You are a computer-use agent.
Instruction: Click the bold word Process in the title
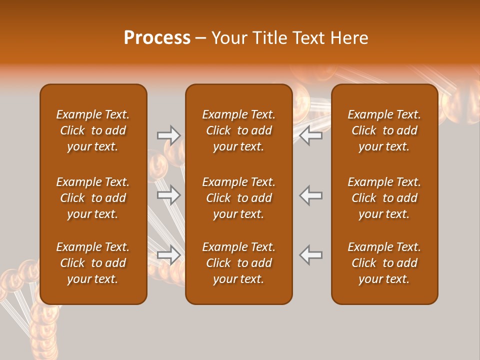tap(157, 38)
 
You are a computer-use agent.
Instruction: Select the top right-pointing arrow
tap(168, 135)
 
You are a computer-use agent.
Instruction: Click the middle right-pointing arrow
tap(168, 195)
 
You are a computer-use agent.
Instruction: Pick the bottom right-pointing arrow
tap(168, 255)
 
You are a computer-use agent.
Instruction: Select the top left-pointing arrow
tap(311, 135)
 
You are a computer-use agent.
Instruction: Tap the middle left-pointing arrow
tap(311, 195)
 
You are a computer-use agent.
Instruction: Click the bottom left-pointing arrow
tap(311, 255)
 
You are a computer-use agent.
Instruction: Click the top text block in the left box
tap(93, 130)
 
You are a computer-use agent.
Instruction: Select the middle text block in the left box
tap(93, 198)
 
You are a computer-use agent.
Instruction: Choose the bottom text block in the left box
tap(93, 263)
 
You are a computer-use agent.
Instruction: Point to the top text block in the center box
tap(238, 130)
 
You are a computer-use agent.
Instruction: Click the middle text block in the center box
tap(238, 198)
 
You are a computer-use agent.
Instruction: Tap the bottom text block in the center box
tap(238, 263)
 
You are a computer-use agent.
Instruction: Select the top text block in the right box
tap(384, 130)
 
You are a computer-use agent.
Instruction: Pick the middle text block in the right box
tap(384, 198)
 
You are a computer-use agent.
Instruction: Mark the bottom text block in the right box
tap(384, 263)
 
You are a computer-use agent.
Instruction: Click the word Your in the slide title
tap(228, 38)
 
